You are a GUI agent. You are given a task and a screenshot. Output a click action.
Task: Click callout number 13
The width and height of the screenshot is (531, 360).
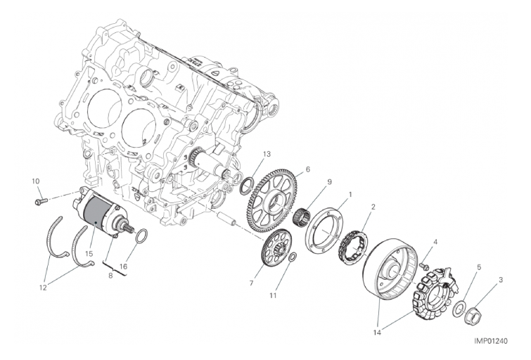tap(267, 155)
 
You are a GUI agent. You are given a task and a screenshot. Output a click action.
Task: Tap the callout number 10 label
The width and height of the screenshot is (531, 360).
tap(36, 181)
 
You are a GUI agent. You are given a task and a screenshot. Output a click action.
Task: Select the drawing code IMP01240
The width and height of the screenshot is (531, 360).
tap(490, 341)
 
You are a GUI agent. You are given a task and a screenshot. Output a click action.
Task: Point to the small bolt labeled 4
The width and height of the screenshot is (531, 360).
tap(423, 266)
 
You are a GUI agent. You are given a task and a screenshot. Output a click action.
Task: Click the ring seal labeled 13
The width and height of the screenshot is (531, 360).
tap(247, 185)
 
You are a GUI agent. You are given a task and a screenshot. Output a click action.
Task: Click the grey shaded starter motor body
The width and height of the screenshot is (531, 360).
tap(96, 213)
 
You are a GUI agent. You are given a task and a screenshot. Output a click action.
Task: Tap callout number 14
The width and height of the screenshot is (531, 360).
tap(377, 333)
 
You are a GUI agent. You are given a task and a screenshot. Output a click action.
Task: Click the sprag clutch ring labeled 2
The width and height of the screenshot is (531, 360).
tap(352, 248)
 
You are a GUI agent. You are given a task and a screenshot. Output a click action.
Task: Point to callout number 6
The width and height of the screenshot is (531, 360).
tap(307, 169)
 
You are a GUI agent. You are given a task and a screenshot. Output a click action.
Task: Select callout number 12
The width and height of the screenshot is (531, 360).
tap(43, 288)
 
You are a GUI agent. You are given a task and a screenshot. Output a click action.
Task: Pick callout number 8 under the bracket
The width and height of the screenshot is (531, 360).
tap(110, 276)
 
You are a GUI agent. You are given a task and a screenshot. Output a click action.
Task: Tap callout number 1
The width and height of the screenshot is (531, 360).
tap(350, 195)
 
